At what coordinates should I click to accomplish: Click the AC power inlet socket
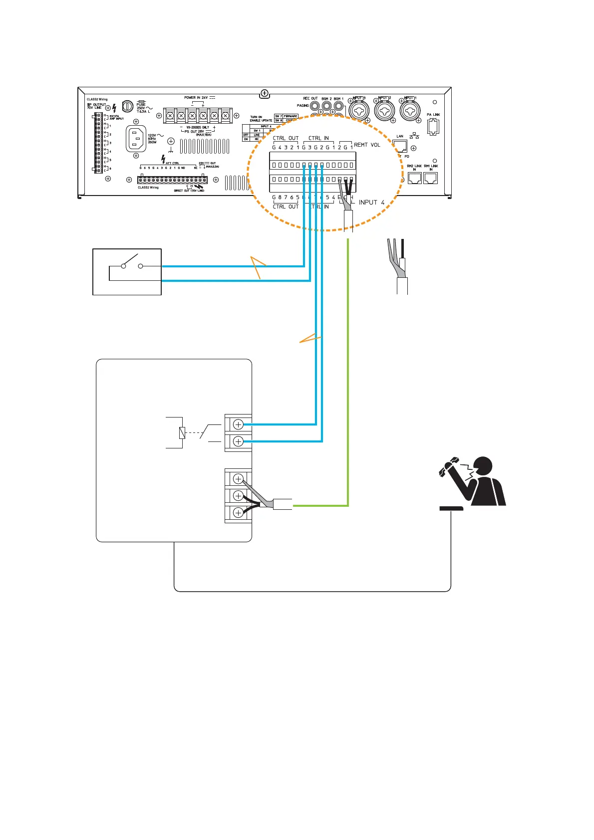coord(137,139)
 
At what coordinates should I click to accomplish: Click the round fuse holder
coord(128,106)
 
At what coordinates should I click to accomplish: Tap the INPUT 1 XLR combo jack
coord(410,110)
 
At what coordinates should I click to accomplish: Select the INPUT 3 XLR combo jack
coord(359,110)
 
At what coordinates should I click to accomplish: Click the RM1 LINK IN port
coord(430,178)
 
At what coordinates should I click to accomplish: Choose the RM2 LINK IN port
coord(414,178)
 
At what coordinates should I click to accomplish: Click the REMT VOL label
coord(367,145)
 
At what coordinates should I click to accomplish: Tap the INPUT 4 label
coord(371,203)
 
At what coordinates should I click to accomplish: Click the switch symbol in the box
coord(131,263)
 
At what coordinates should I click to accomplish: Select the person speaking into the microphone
coord(474,481)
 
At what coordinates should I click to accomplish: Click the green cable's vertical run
coord(348,374)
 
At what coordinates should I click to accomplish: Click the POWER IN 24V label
coord(196,98)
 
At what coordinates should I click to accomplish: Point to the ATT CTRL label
coord(172,163)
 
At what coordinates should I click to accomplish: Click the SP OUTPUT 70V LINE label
coord(96,106)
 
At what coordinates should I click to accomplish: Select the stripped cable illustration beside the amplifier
coord(398,267)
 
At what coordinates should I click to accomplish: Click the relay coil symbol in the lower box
coord(182,433)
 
